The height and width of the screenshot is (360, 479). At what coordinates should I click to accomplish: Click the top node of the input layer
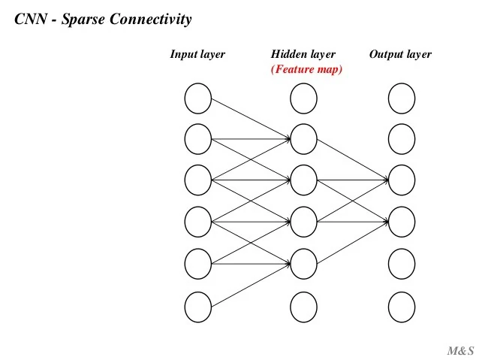coord(197,98)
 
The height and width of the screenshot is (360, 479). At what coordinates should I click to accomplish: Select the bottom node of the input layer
coord(197,306)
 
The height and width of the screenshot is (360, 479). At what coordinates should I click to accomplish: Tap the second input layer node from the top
coord(197,139)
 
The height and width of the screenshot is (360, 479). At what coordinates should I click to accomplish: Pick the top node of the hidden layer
coord(303,98)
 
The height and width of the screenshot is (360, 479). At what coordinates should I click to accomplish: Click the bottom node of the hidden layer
coord(303,306)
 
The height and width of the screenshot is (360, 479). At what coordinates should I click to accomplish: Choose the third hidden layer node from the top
coord(303,180)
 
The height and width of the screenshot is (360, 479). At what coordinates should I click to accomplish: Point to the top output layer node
coord(401,98)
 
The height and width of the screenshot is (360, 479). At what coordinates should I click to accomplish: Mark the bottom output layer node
coord(401,306)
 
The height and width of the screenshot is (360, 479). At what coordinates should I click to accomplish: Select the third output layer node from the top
coord(401,180)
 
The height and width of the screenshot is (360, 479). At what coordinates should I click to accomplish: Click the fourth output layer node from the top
coord(401,222)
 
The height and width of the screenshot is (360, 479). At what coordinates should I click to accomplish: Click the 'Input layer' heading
coord(197,54)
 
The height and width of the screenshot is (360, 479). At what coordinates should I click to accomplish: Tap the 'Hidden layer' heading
coord(303,54)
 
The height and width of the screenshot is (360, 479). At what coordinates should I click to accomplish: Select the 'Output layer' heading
coord(400,54)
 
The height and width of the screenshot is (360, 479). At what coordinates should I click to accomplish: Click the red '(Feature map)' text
coord(306,69)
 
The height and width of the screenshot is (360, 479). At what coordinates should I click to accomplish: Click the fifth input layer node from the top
coord(197,264)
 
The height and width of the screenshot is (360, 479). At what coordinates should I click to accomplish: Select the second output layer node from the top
coord(401,139)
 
